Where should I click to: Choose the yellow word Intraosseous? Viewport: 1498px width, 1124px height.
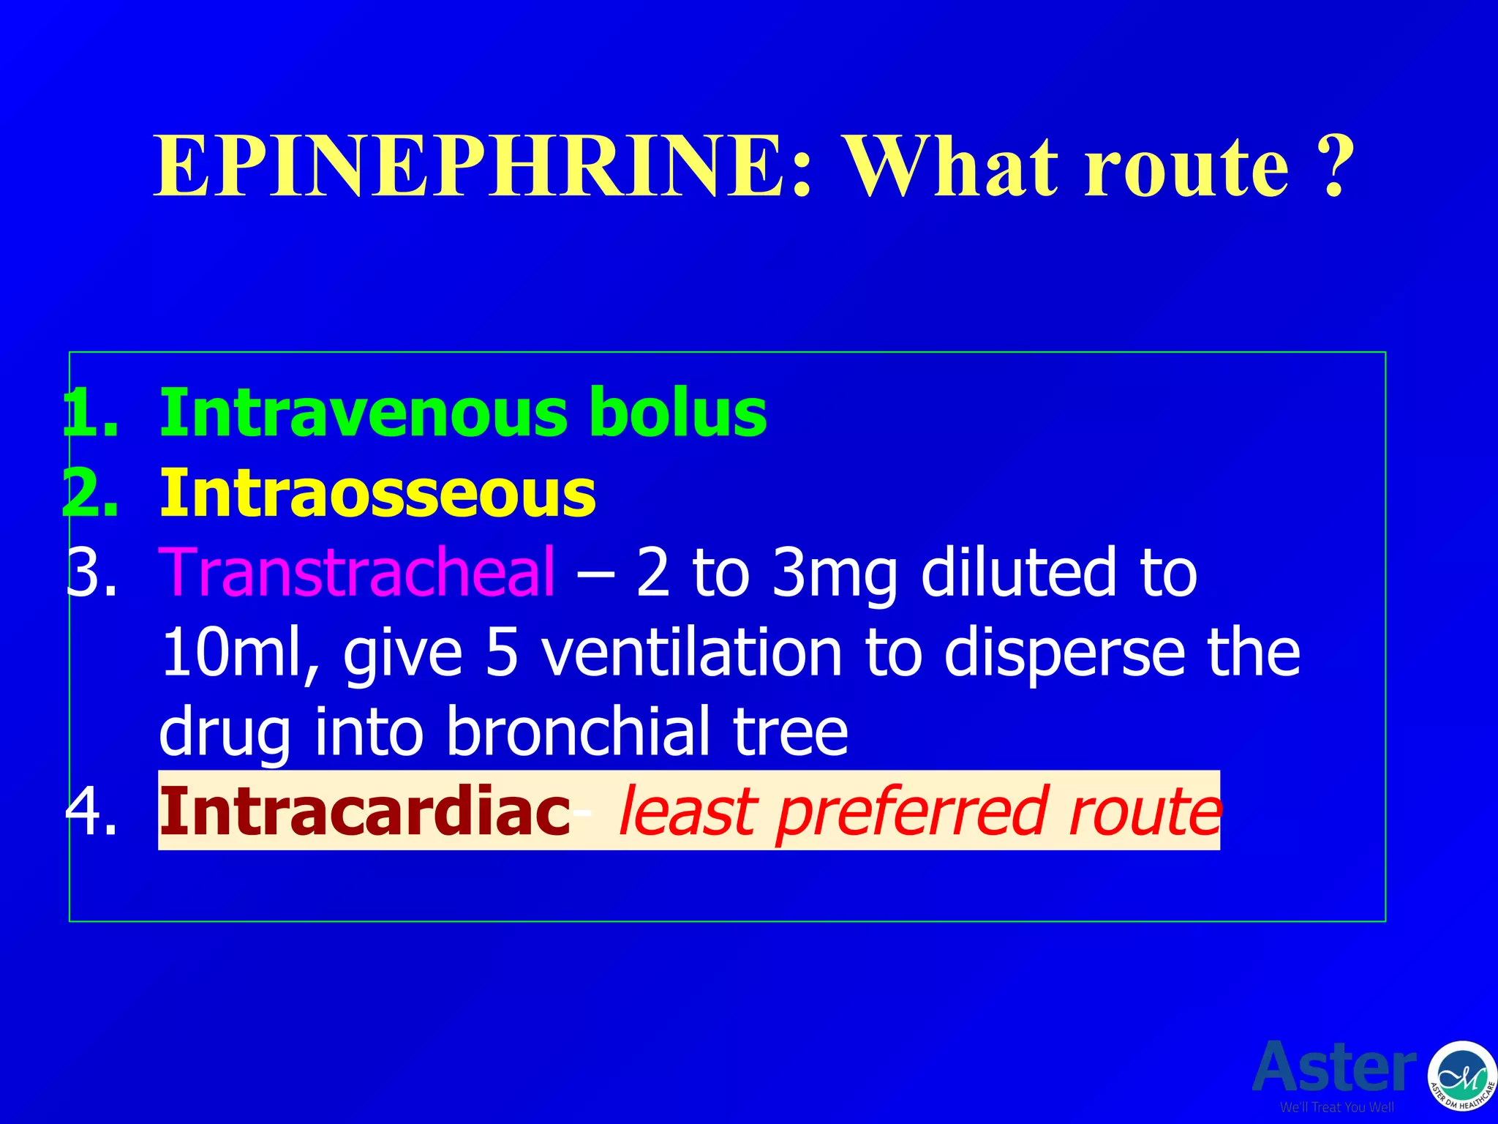(x=377, y=494)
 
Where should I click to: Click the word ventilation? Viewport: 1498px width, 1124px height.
(x=692, y=652)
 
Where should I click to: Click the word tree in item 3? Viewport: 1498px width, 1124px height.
(x=791, y=732)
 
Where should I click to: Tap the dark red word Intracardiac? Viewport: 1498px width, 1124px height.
(x=364, y=811)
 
